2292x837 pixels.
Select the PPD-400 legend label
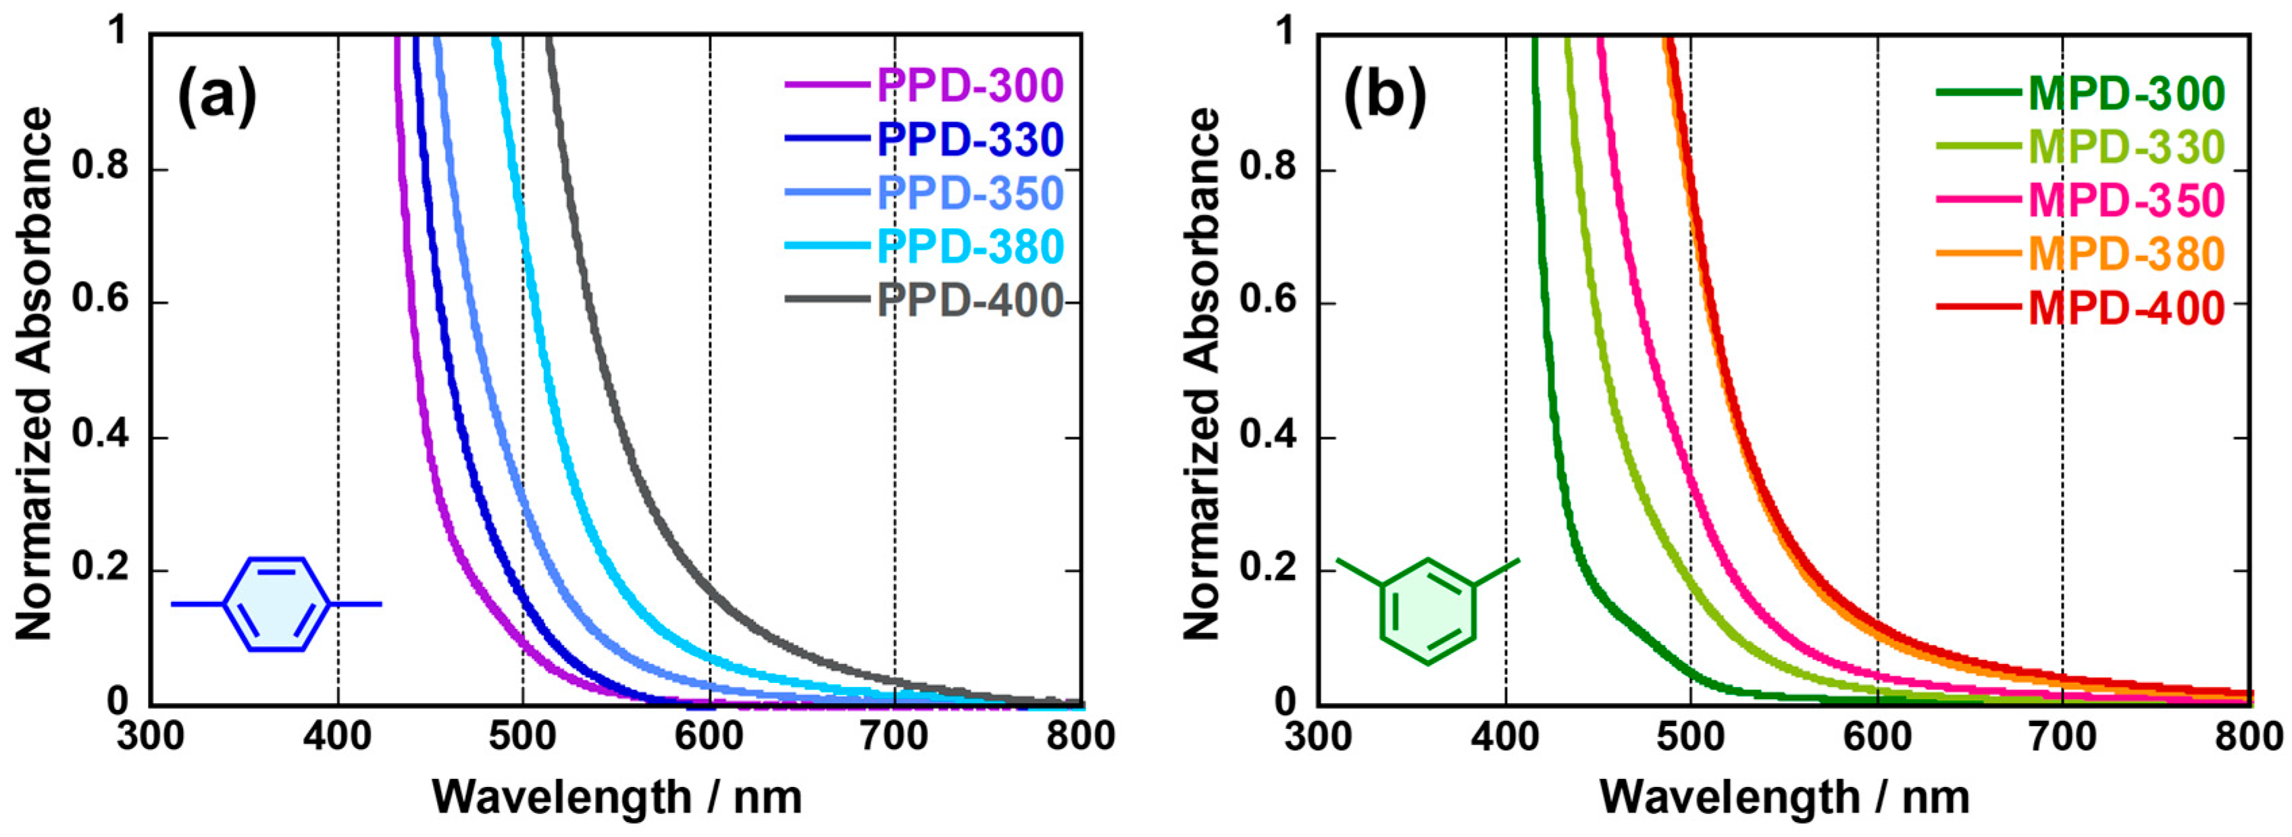[970, 301]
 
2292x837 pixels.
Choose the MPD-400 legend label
[2127, 309]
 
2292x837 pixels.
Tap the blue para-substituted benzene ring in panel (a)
[277, 604]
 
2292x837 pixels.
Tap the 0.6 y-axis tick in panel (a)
[100, 301]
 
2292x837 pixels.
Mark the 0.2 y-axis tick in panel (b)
[1267, 569]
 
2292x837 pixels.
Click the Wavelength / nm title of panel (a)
[617, 796]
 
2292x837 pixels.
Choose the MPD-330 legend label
[2127, 147]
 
